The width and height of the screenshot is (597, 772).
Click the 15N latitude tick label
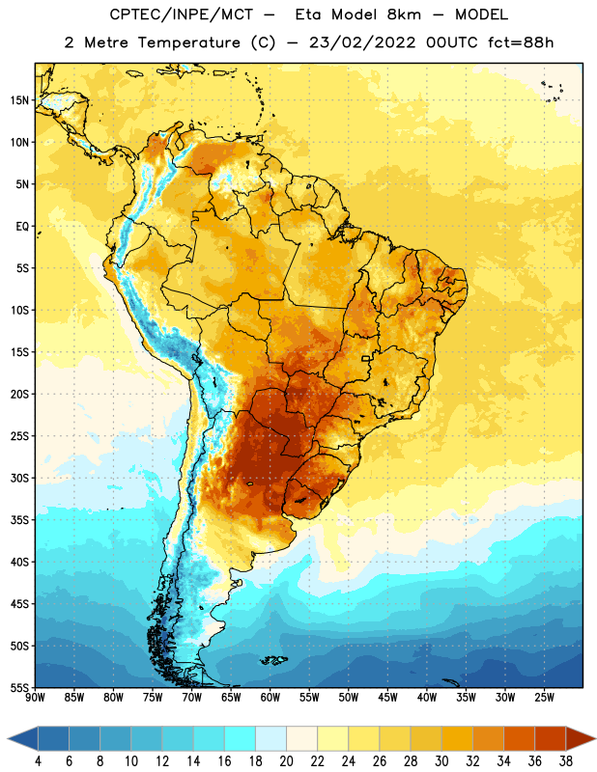click(x=19, y=100)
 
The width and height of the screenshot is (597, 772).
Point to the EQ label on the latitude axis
click(x=22, y=227)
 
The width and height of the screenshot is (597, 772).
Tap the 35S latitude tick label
click(x=19, y=520)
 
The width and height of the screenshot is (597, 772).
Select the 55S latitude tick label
click(x=19, y=688)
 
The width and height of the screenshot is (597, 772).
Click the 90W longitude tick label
click(x=35, y=698)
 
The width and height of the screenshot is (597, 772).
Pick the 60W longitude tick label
click(x=270, y=698)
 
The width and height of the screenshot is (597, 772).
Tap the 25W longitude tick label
click(x=544, y=698)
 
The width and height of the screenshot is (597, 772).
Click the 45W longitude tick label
click(x=387, y=698)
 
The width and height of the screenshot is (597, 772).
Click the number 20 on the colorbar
click(x=286, y=761)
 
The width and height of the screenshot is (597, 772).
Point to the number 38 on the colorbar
click(x=566, y=761)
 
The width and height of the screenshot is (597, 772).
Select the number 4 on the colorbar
click(x=38, y=761)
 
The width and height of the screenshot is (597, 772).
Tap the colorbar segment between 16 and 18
click(x=241, y=738)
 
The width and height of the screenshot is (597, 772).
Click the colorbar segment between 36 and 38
click(x=551, y=738)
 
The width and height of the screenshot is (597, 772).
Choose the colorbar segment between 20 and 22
click(x=301, y=738)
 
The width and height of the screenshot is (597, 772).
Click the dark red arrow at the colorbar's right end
click(x=581, y=738)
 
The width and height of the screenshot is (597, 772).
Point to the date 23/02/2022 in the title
click(x=362, y=42)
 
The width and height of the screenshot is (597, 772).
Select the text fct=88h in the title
click(x=521, y=42)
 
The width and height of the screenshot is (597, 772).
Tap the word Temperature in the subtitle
click(x=188, y=42)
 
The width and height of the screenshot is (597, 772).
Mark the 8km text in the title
click(x=404, y=14)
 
